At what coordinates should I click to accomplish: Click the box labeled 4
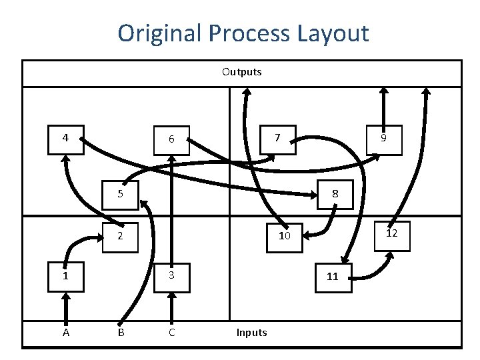pos(65,139)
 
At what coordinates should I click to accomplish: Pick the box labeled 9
pos(383,139)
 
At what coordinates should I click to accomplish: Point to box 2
pos(119,236)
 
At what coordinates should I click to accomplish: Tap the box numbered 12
pos(392,233)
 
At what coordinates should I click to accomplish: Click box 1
pos(65,275)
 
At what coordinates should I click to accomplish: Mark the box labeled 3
pos(171,275)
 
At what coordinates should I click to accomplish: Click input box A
pos(65,332)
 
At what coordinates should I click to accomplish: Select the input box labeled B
pos(121,332)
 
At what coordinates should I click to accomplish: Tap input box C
pos(171,332)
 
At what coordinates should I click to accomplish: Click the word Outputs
pos(242,71)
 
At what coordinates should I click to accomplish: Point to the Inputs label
pos(251,332)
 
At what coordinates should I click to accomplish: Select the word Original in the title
pos(160,33)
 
